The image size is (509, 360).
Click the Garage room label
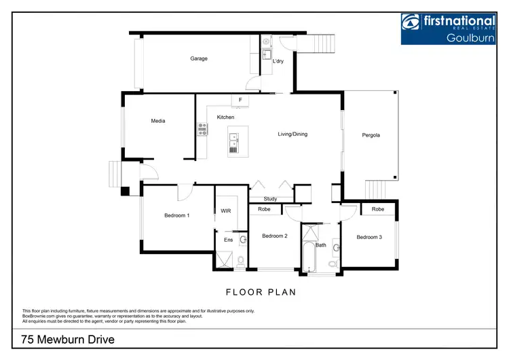(198, 58)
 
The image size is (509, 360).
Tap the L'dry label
(278, 62)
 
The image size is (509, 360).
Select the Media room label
(158, 121)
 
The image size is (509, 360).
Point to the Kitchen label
(225, 118)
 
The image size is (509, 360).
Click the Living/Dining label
(293, 134)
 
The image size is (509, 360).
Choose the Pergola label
(371, 135)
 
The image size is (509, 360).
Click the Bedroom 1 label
(176, 215)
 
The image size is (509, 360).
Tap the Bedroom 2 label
(275, 236)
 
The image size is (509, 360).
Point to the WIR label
(225, 211)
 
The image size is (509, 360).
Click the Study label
(270, 199)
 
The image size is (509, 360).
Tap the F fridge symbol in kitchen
(240, 101)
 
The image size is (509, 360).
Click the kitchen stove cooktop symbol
(202, 129)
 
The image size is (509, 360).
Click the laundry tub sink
(267, 54)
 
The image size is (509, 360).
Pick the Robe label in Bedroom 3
(377, 209)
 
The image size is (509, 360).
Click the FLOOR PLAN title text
(260, 292)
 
